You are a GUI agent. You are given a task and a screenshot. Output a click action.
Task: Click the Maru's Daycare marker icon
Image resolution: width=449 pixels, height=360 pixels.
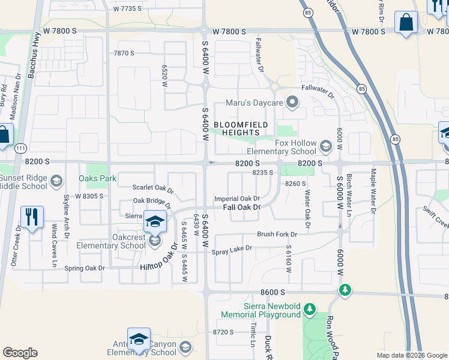click(292, 103)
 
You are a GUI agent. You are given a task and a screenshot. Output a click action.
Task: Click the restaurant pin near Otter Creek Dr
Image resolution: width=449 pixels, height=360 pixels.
click(32, 217)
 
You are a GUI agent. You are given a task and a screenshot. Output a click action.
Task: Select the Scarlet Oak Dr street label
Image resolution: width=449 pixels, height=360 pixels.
click(153, 189)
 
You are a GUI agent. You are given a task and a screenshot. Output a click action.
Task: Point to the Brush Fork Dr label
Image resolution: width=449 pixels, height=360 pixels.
click(277, 234)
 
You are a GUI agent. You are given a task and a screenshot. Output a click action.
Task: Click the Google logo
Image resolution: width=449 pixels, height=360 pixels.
click(20, 353)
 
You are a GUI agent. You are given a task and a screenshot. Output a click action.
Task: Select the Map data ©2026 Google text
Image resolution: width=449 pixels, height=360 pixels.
click(411, 355)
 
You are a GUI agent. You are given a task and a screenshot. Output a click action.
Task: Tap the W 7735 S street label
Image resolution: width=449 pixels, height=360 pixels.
click(127, 8)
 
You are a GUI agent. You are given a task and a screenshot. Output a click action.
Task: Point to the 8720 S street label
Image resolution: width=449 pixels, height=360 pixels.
click(223, 332)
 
